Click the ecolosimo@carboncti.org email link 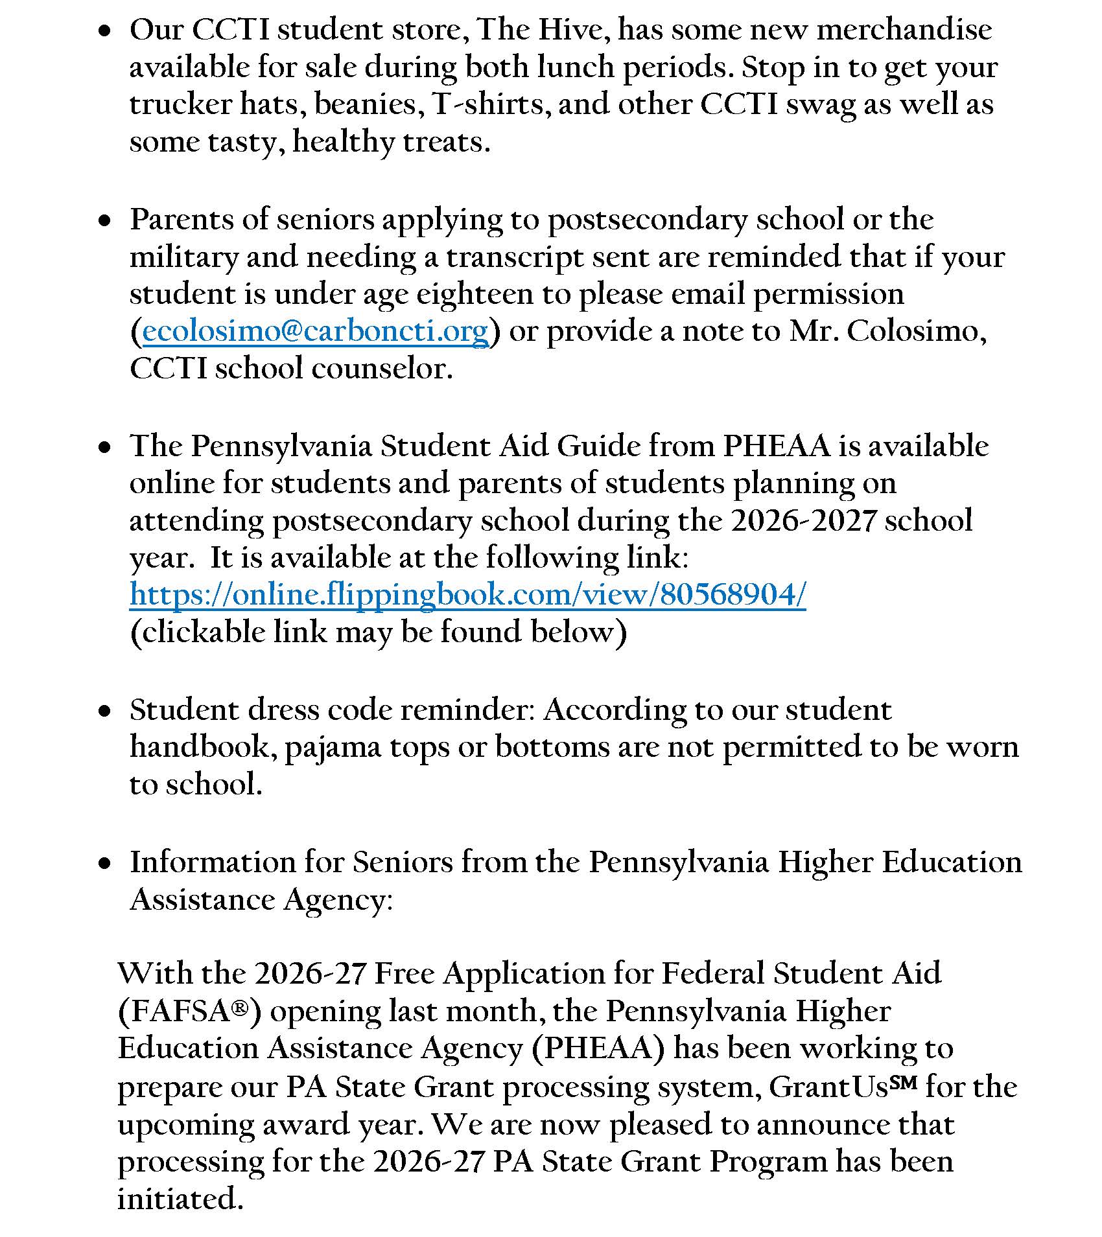(315, 332)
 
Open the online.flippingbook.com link (467, 594)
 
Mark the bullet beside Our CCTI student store (104, 31)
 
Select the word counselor (381, 369)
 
